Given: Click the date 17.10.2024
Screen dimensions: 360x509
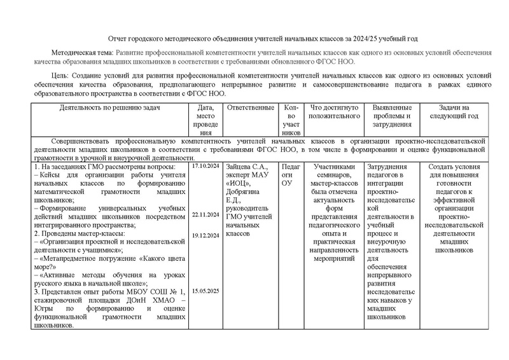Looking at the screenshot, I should [x=204, y=167].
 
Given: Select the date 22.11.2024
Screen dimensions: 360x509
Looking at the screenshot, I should [x=204, y=215].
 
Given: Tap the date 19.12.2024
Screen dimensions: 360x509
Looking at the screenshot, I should [x=204, y=236].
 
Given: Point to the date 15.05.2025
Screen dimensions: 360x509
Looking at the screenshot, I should [x=204, y=291].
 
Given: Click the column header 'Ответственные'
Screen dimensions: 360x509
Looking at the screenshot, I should [x=250, y=107].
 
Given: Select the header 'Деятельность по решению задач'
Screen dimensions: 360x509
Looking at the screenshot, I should [x=110, y=107].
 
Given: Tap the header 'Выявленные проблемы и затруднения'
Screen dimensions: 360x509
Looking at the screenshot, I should [x=392, y=116].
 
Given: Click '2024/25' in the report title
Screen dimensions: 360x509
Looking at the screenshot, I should [x=358, y=39].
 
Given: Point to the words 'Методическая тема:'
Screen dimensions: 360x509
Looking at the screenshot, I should [x=81, y=53].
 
